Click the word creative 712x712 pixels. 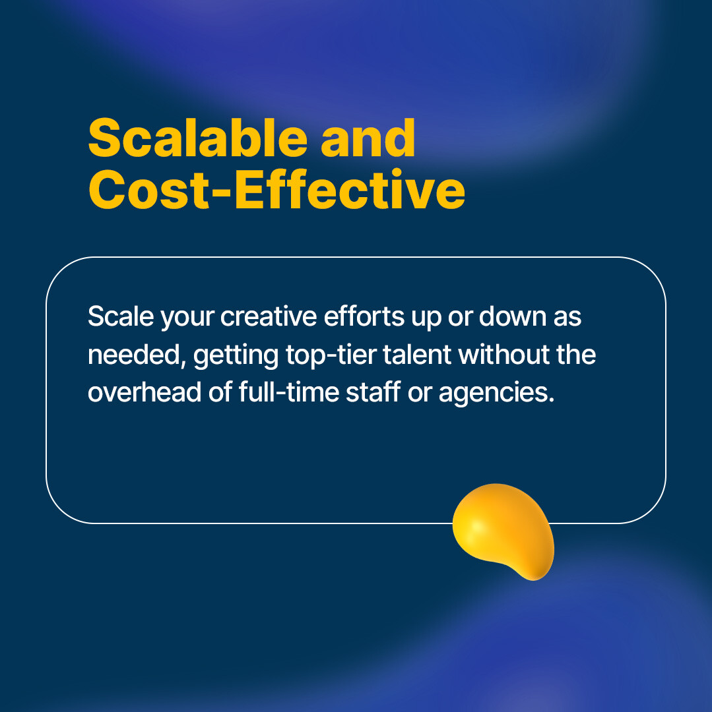coord(269,316)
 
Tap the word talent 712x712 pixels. coord(419,355)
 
